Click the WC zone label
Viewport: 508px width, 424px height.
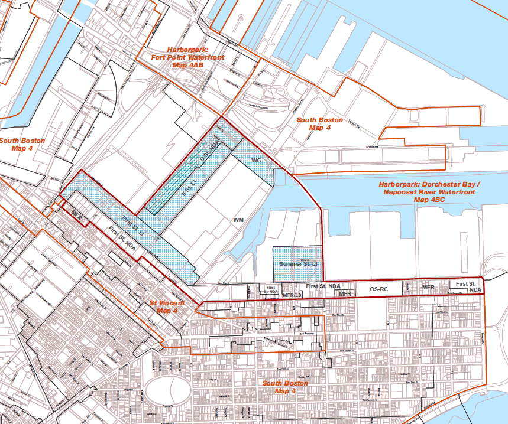pos(256,161)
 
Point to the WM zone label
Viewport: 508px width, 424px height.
pos(238,220)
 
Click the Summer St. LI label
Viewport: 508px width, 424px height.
pos(299,263)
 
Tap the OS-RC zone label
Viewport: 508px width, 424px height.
pos(378,289)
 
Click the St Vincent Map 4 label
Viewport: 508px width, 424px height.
pos(167,306)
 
